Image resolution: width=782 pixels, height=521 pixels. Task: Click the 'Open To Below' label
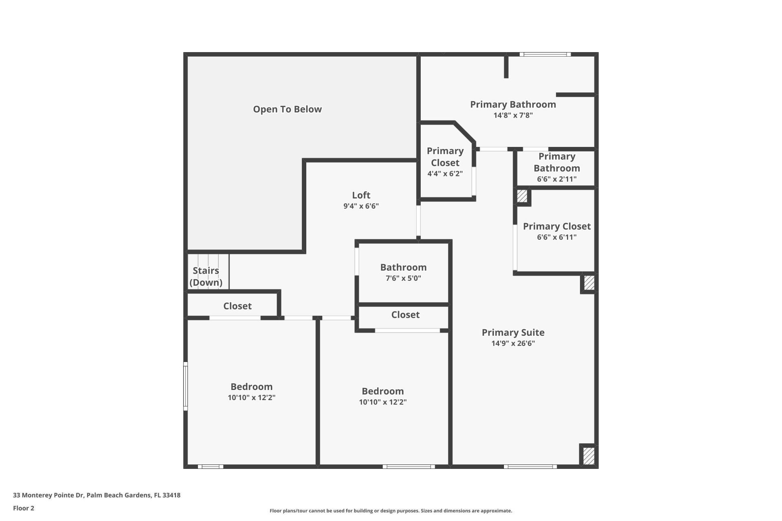pyautogui.click(x=287, y=109)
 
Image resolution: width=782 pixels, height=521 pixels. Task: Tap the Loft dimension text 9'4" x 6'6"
pyautogui.click(x=361, y=206)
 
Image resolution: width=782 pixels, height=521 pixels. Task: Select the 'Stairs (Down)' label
pyautogui.click(x=206, y=276)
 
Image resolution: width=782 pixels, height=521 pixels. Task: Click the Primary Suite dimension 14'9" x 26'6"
pyautogui.click(x=513, y=343)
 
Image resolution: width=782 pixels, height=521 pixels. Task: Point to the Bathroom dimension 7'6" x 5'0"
pyautogui.click(x=403, y=278)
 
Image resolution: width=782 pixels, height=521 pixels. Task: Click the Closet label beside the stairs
pyautogui.click(x=237, y=306)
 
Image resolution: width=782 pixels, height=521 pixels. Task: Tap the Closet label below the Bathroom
pyautogui.click(x=405, y=315)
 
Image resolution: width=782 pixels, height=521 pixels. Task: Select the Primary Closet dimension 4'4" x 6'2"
pyautogui.click(x=445, y=174)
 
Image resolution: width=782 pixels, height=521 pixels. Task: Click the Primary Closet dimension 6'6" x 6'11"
pyautogui.click(x=556, y=237)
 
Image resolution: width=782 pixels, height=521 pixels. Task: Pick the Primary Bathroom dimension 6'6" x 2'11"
pyautogui.click(x=556, y=179)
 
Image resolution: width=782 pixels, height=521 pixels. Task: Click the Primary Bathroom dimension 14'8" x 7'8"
pyautogui.click(x=513, y=115)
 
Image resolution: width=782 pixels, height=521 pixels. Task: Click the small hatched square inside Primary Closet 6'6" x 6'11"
pyautogui.click(x=522, y=196)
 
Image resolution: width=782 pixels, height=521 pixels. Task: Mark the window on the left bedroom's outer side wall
pyautogui.click(x=186, y=386)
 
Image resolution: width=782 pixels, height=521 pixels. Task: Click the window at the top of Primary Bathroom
pyautogui.click(x=545, y=55)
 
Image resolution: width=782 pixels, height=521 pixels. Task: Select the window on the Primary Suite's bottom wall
pyautogui.click(x=530, y=466)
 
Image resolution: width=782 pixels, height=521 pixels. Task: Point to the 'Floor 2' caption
pyautogui.click(x=24, y=508)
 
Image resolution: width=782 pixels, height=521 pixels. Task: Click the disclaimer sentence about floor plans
pyautogui.click(x=391, y=511)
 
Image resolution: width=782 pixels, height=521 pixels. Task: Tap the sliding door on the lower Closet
pyautogui.click(x=407, y=331)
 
